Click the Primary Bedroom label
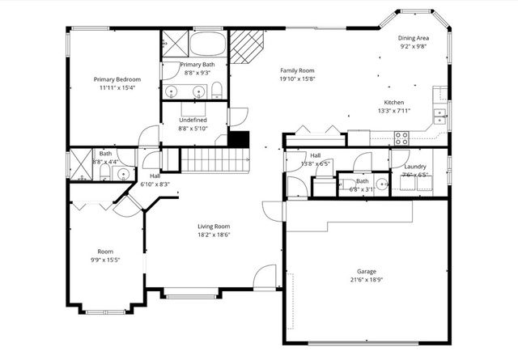117,79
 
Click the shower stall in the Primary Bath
174,42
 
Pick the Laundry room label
414,166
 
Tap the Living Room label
214,227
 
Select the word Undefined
193,120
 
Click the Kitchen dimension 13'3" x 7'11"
393,111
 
